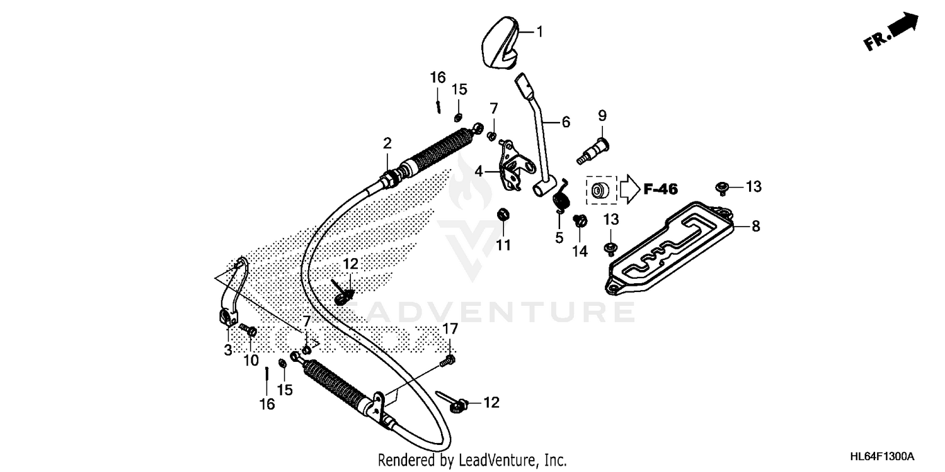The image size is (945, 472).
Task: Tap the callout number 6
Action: click(565, 122)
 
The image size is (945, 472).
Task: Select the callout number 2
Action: click(387, 143)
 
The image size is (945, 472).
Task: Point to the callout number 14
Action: click(580, 251)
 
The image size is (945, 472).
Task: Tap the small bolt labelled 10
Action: click(248, 330)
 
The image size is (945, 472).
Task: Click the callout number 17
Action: click(450, 329)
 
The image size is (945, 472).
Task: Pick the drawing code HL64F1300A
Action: click(880, 456)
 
